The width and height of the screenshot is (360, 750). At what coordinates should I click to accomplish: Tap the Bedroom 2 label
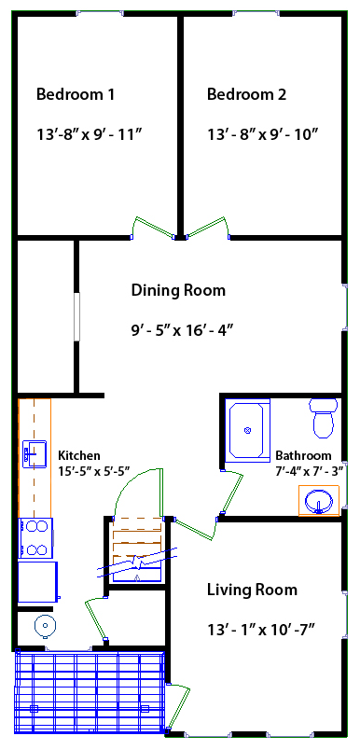pos(246,94)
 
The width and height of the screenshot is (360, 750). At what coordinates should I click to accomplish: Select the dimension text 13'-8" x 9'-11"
pos(89,134)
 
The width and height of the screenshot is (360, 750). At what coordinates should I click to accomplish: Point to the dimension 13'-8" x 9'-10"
pos(263,134)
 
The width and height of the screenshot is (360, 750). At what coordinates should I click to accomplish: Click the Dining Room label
pos(178,290)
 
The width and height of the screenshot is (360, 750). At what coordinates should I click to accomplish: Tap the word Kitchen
pos(79,455)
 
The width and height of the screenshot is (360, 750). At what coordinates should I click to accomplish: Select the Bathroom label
pos(303,455)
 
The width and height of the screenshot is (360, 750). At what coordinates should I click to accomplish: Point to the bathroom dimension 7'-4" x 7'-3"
pos(309,471)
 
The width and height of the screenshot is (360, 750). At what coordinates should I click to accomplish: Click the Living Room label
pos(252,590)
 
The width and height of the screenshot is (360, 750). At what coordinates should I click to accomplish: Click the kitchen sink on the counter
pos(35,454)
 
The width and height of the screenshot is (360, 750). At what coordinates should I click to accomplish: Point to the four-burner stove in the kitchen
pos(35,537)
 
